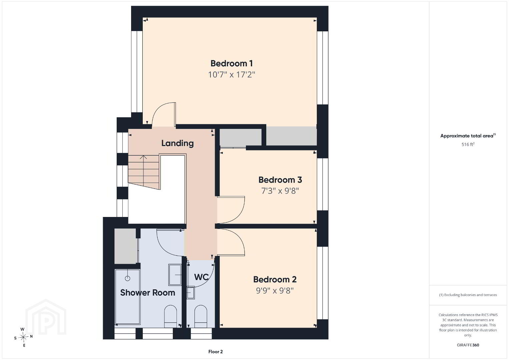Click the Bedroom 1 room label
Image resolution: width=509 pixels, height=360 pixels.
[231, 63]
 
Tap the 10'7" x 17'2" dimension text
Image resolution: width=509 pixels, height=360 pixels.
[231, 74]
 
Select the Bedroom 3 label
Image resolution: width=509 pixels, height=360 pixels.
[280, 180]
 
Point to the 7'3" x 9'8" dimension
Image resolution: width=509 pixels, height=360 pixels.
[280, 191]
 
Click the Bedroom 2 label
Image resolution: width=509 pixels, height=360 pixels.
[275, 280]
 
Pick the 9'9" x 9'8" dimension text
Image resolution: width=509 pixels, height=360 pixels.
[275, 291]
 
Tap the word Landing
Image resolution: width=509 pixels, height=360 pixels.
[177, 143]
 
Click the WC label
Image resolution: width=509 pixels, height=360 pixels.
[201, 277]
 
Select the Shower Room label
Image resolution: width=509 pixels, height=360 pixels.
[148, 293]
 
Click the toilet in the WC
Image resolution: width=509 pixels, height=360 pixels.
[201, 316]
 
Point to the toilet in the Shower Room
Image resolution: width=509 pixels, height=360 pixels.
[170, 316]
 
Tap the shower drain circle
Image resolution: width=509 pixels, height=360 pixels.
[127, 278]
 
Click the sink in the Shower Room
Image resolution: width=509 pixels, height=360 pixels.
[175, 275]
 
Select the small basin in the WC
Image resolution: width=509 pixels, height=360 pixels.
[191, 293]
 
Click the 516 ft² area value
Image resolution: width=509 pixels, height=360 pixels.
[468, 144]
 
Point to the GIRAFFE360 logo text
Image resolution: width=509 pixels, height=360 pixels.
[468, 345]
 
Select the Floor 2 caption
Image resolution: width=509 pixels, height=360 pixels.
[215, 352]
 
